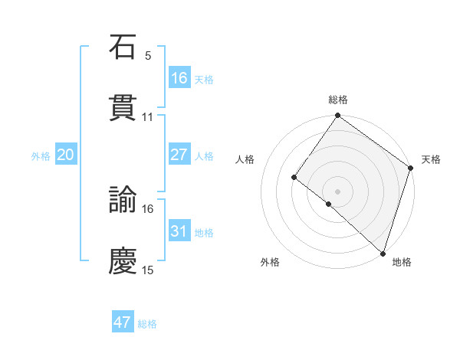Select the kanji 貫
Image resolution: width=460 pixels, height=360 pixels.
point(123,108)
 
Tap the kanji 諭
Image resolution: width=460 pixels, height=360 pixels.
point(123,200)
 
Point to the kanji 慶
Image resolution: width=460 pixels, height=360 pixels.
point(123,261)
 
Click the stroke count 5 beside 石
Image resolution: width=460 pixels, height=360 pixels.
point(148,56)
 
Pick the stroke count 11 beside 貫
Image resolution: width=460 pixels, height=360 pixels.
point(148,117)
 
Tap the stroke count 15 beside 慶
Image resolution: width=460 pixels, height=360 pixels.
point(148,270)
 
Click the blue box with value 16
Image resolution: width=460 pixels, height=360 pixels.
point(179,78)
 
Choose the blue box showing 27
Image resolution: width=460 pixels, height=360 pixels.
point(179,155)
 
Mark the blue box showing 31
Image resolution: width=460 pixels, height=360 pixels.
point(179,231)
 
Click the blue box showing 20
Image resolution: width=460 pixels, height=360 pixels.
point(66,155)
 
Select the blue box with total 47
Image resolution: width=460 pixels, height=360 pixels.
point(123,322)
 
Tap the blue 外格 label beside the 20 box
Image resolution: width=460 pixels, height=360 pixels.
point(41,156)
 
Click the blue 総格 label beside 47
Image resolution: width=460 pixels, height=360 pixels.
point(147,324)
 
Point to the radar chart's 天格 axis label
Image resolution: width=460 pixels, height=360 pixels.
point(431,159)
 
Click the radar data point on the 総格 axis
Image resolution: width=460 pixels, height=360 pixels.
point(337,116)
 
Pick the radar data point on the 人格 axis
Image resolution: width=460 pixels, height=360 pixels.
point(294,177)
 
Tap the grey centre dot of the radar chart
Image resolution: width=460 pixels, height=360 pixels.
point(337,191)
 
